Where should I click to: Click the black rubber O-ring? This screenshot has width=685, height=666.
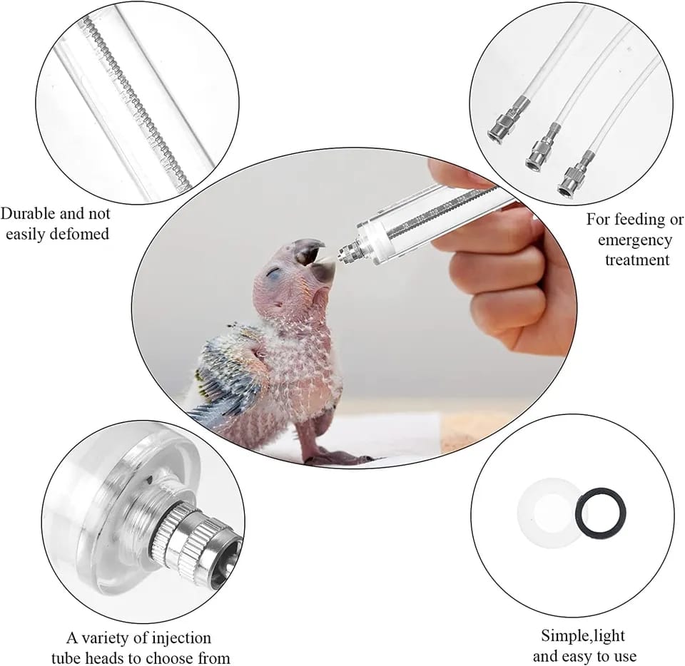point(602,511)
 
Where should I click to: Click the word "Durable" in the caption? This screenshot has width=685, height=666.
point(29,215)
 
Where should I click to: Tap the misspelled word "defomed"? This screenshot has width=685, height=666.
point(81,234)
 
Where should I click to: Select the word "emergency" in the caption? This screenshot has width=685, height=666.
point(635,240)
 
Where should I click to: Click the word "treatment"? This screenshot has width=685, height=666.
point(637,260)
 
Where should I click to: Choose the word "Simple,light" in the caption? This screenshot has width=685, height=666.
point(583,635)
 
